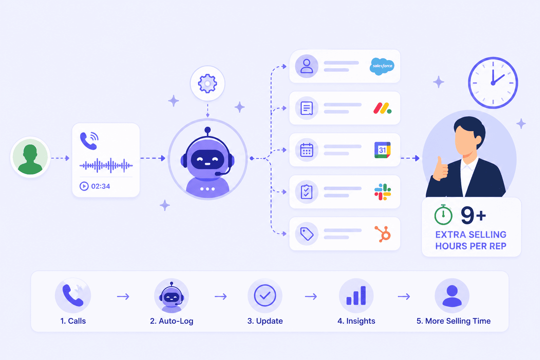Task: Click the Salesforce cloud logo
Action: [x=382, y=66]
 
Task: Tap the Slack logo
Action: [x=382, y=192]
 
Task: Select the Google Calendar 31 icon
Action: [x=382, y=150]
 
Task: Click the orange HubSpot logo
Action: [x=383, y=234]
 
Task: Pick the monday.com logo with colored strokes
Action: [x=382, y=108]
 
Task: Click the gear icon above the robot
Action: [x=207, y=83]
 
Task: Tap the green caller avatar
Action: [x=30, y=157]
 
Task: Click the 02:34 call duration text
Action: [x=101, y=186]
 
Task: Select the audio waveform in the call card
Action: [x=106, y=166]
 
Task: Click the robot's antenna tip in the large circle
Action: [x=207, y=130]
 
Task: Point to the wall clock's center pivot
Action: [x=493, y=83]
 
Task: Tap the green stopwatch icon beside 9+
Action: [x=443, y=214]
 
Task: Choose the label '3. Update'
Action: [x=265, y=321]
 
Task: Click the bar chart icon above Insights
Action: [x=356, y=296]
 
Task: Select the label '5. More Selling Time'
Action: [x=454, y=321]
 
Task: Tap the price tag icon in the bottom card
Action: [x=307, y=234]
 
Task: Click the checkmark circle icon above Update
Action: [x=265, y=295]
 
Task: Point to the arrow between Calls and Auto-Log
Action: [x=123, y=296]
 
